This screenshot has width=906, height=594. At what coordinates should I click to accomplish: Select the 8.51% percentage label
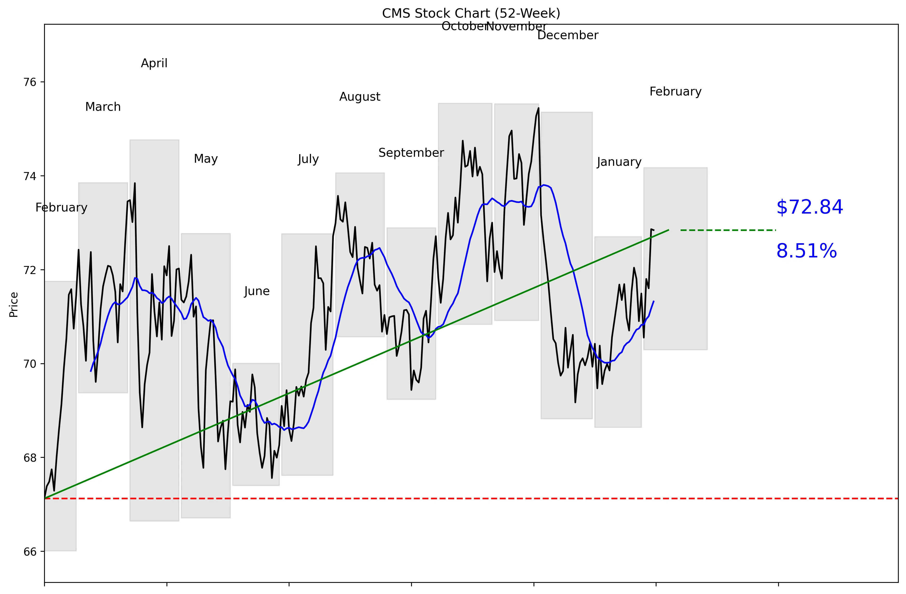point(806,251)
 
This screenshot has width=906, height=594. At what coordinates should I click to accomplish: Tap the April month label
point(154,63)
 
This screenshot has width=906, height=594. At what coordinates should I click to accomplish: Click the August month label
point(360,97)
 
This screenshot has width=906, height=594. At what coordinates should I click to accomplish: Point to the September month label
point(411,153)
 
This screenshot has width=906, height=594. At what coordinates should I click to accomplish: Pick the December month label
point(568,35)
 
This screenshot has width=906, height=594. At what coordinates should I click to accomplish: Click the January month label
point(619,162)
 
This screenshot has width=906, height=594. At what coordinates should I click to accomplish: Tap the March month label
point(103,107)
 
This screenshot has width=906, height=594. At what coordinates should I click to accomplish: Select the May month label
point(206,159)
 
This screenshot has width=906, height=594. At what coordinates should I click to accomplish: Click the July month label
point(308,159)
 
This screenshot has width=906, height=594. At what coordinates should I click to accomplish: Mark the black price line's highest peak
point(538,108)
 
